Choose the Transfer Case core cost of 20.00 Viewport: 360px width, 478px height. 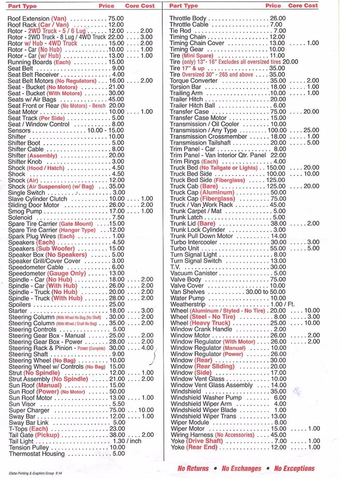pyautogui.click(x=311, y=112)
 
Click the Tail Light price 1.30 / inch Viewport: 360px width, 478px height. pyautogui.click(x=127, y=441)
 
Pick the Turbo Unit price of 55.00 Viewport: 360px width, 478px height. pyautogui.click(x=277, y=248)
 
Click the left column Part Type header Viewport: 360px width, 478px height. pyautogui.click(x=22, y=6)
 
